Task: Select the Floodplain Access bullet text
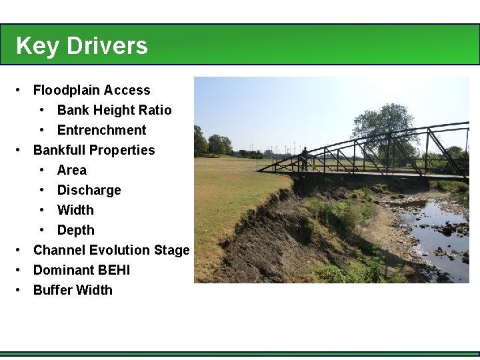point(92,90)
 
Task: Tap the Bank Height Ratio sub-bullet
point(114,110)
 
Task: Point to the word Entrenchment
point(101,130)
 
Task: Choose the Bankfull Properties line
point(94,150)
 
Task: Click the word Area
point(72,170)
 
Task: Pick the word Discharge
point(89,190)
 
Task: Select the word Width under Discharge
point(75,210)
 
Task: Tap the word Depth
point(75,230)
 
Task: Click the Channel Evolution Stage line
point(111,250)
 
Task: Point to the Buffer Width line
point(73,290)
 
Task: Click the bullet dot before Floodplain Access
point(21,90)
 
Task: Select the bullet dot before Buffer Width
point(21,290)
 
